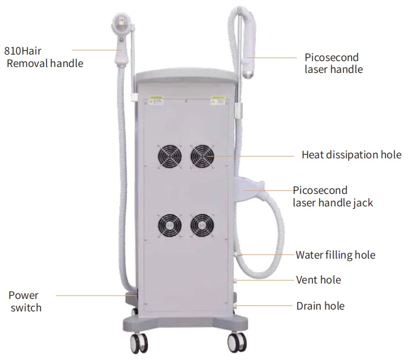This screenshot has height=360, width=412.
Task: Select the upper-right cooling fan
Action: point(203,157)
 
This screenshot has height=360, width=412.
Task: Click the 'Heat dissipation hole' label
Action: point(347,155)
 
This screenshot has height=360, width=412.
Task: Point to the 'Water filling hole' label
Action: point(335,255)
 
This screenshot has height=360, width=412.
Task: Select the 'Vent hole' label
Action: point(318,280)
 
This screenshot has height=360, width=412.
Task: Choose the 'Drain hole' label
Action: point(320,306)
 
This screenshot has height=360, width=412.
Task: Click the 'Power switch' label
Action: point(25,301)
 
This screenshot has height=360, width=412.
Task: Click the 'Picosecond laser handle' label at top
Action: point(332,63)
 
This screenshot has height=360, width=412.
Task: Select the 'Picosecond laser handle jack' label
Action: point(332,196)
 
